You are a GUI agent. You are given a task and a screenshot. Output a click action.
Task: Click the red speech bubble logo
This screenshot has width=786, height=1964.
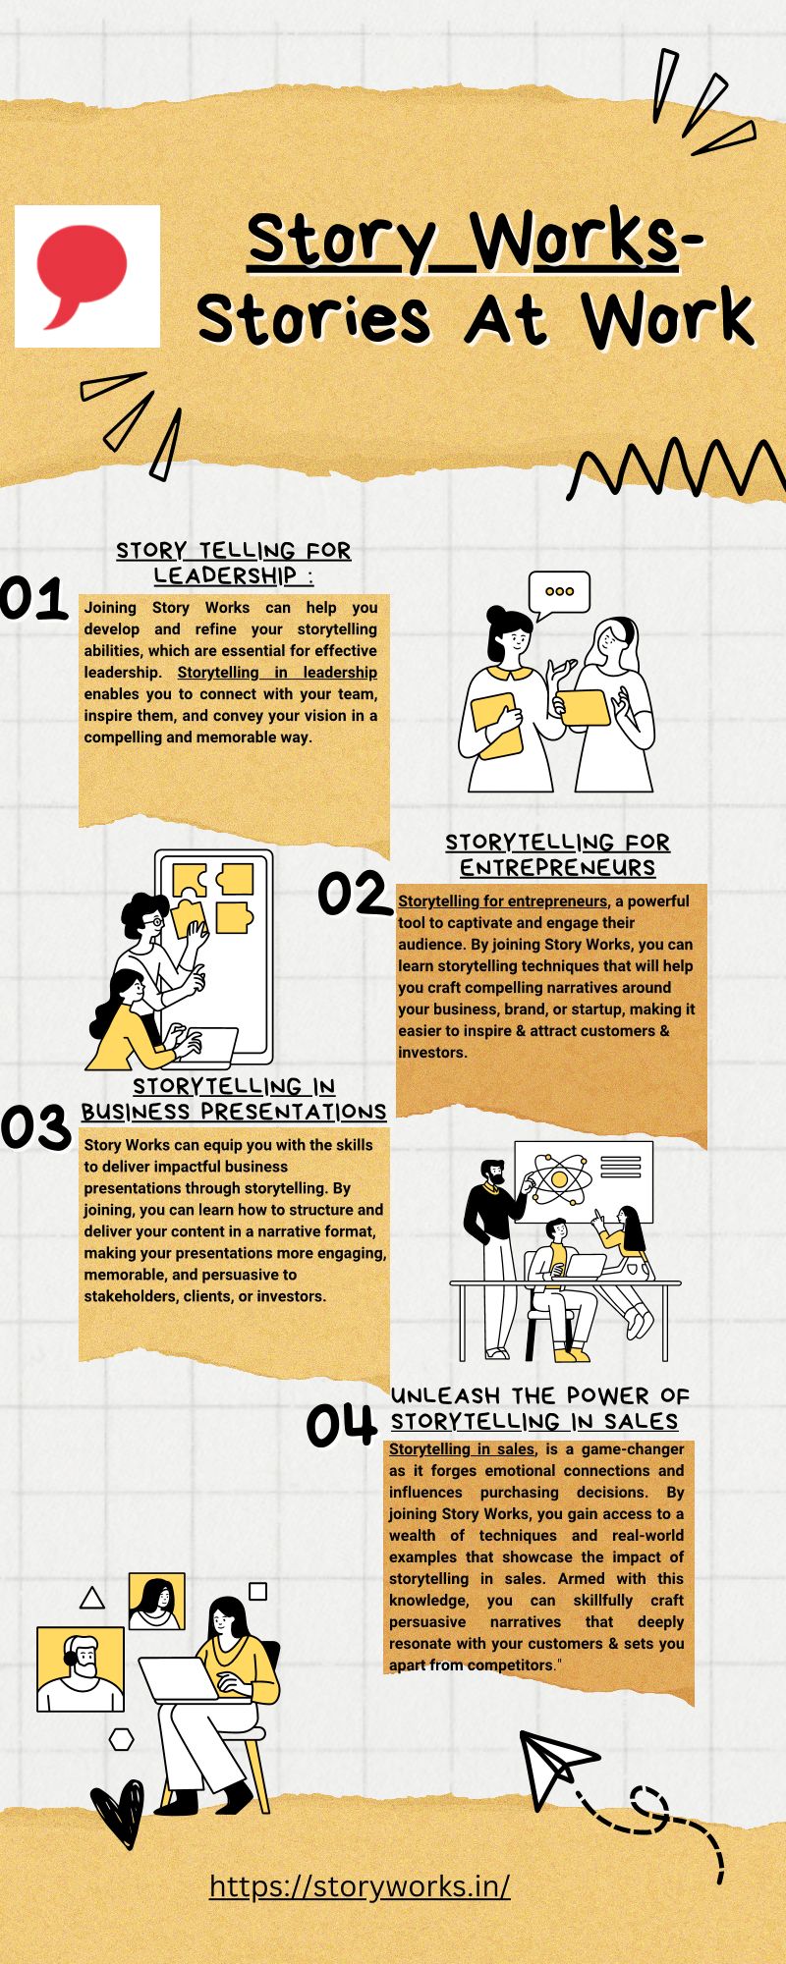click(x=82, y=275)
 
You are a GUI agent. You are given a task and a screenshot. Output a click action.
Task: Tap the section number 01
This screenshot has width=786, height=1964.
click(x=33, y=599)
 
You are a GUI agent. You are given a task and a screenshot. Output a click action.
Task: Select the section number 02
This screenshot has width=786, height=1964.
click(x=354, y=894)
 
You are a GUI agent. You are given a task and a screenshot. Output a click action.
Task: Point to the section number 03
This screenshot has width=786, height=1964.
click(x=35, y=1126)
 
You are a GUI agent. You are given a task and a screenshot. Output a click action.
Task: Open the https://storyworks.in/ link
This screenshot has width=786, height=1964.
click(x=360, y=1886)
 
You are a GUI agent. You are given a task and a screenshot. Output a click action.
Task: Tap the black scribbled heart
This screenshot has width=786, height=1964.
click(x=117, y=1813)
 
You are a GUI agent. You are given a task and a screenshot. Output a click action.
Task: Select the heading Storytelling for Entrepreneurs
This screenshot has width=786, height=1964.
click(x=557, y=855)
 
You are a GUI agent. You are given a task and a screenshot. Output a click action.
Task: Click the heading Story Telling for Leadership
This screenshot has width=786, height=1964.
click(x=234, y=563)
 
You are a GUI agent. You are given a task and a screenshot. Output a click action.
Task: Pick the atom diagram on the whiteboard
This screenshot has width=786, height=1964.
click(x=558, y=1176)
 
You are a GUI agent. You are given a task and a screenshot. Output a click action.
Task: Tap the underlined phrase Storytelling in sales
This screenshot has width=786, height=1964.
click(x=462, y=1449)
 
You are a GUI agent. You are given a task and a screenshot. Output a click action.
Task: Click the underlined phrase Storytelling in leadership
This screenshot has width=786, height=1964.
click(x=277, y=673)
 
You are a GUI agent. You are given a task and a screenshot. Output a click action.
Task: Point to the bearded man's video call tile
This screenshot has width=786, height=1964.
click(x=81, y=1669)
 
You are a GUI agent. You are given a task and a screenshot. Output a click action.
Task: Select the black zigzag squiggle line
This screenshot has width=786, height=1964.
click(x=677, y=467)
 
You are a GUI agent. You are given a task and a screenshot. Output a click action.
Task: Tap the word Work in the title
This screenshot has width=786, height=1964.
click(x=667, y=318)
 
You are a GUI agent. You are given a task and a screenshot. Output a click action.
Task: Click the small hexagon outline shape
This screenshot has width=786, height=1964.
click(x=121, y=1740)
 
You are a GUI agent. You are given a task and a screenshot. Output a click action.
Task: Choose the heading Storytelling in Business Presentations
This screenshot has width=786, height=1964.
click(x=234, y=1099)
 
